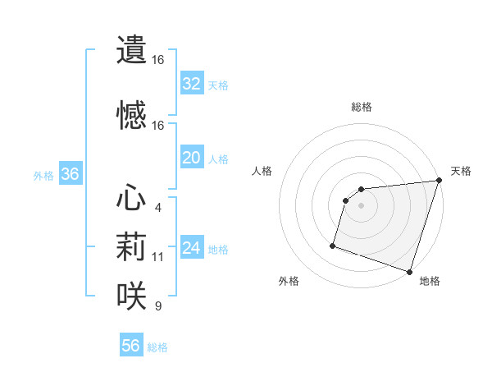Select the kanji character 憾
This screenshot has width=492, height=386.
pyautogui.click(x=132, y=115)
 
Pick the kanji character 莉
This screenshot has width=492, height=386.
pyautogui.click(x=132, y=246)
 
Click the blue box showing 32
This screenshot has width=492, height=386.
pyautogui.click(x=191, y=84)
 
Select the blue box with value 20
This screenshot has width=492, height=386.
pyautogui.click(x=191, y=158)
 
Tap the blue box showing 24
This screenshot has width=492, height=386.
pyautogui.click(x=191, y=248)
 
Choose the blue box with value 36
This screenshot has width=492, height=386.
pyautogui.click(x=70, y=174)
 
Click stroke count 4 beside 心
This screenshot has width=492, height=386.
pyautogui.click(x=157, y=207)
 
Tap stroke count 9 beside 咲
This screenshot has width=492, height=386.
pyautogui.click(x=157, y=306)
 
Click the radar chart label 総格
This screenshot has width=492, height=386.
pyautogui.click(x=362, y=107)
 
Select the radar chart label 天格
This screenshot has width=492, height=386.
pyautogui.click(x=461, y=171)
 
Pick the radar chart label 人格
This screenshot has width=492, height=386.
pyautogui.click(x=262, y=171)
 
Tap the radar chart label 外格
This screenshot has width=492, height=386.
pyautogui.click(x=289, y=281)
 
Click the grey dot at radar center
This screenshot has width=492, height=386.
pyautogui.click(x=361, y=205)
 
